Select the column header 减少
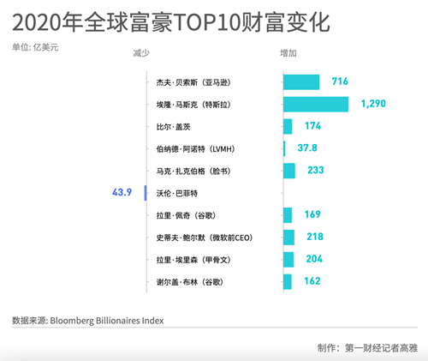[x=140, y=53]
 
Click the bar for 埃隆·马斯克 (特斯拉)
[x=316, y=104]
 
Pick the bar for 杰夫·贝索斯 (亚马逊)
[x=301, y=81]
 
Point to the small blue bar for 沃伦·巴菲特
[x=146, y=193]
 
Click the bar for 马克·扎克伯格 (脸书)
[x=289, y=171]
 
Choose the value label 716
[x=340, y=81]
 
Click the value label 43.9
[x=122, y=193]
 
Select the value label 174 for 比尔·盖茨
[x=312, y=126]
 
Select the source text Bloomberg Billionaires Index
[x=106, y=321]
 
